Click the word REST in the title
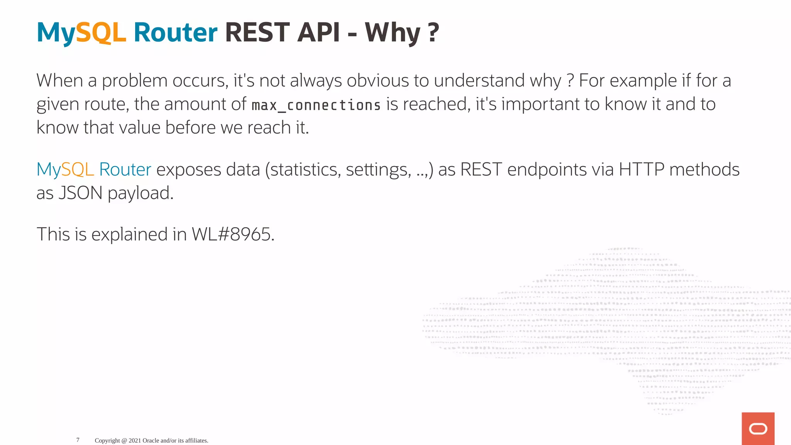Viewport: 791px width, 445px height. pyautogui.click(x=257, y=32)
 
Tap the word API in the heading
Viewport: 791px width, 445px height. pyautogui.click(x=319, y=32)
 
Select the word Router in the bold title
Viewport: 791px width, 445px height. pyautogui.click(x=175, y=32)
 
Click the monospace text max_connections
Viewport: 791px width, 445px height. pyautogui.click(x=316, y=105)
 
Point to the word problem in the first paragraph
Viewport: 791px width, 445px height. pyautogui.click(x=134, y=81)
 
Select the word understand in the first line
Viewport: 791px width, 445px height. pyautogui.click(x=479, y=81)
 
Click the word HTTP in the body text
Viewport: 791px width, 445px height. pyautogui.click(x=641, y=170)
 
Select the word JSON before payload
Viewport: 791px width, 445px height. pyautogui.click(x=80, y=193)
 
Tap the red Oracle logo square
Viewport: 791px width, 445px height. pyautogui.click(x=758, y=428)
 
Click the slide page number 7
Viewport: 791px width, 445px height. pyautogui.click(x=78, y=440)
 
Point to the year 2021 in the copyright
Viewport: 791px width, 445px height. pyautogui.click(x=135, y=440)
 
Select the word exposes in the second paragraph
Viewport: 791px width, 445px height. pyautogui.click(x=188, y=170)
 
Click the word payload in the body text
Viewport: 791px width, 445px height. pyautogui.click(x=140, y=193)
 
